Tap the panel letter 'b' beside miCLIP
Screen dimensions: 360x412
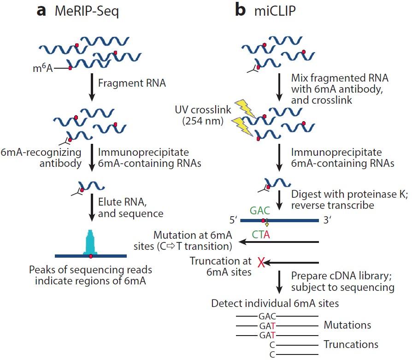pos(240,10)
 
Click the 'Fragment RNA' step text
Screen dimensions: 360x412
pos(132,84)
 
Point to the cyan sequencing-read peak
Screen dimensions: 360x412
pos(91,240)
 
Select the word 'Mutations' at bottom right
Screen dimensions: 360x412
pos(347,325)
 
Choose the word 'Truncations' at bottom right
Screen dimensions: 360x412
pos(351,344)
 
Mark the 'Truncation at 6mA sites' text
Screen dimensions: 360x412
pos(220,267)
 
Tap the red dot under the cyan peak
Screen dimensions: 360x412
pos(91,256)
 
